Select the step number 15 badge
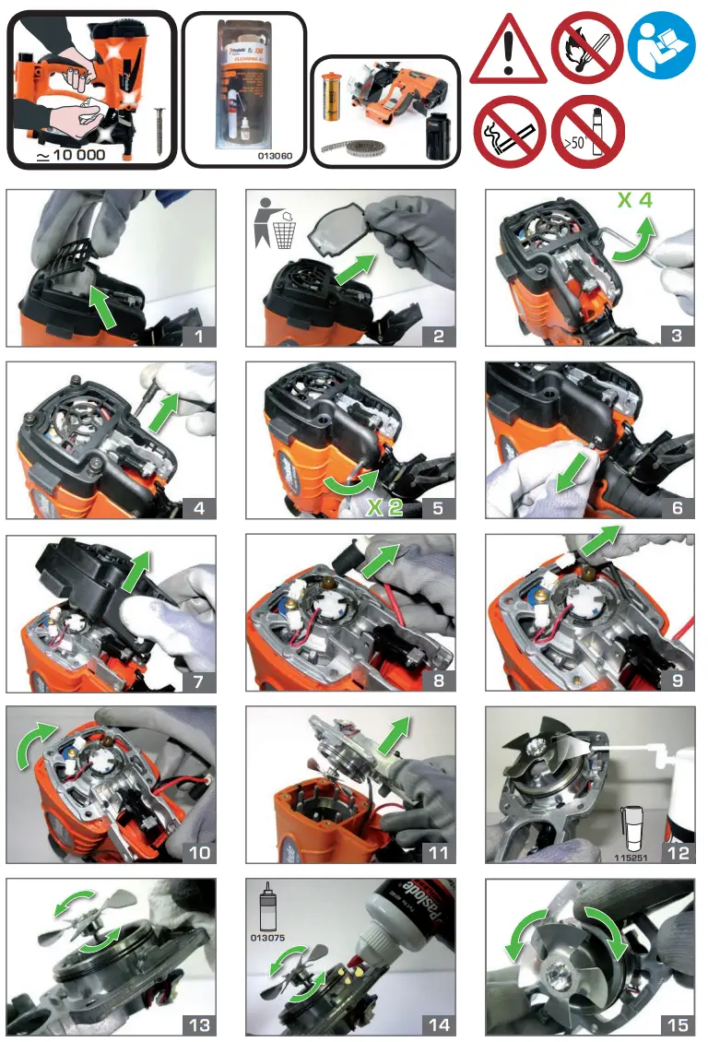tap(676, 1024)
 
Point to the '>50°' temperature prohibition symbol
tap(587, 132)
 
